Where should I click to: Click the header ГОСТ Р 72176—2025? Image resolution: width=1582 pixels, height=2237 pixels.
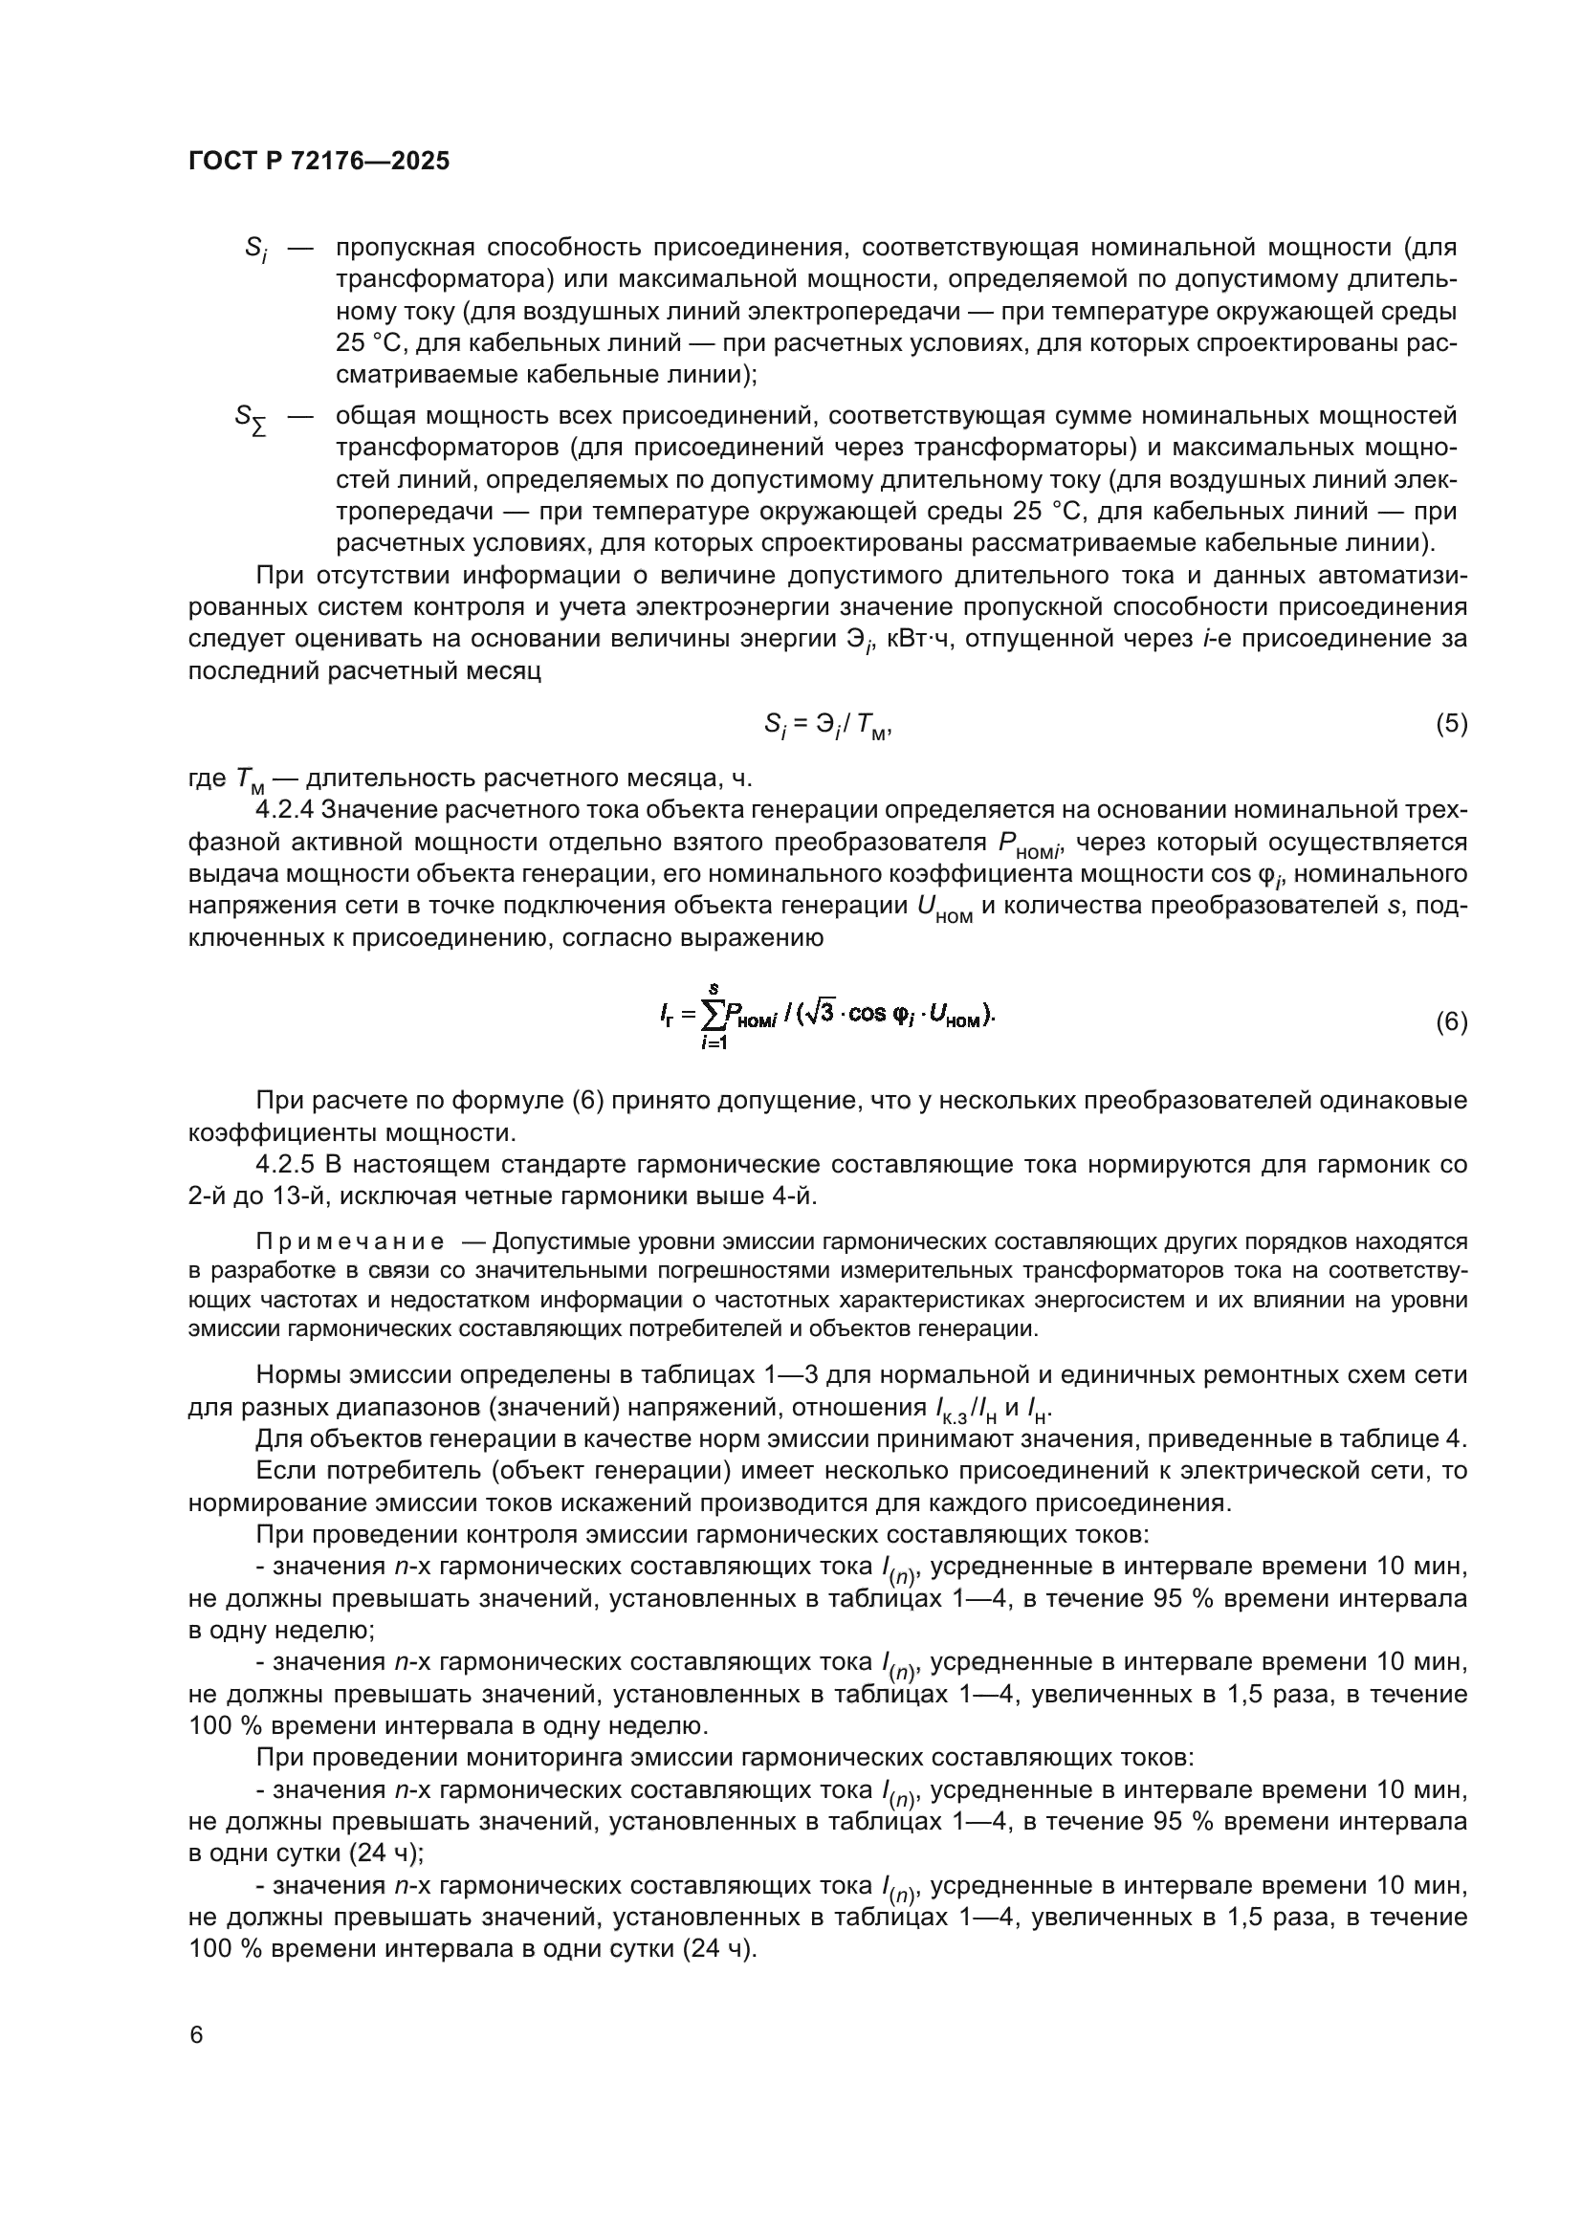(x=319, y=162)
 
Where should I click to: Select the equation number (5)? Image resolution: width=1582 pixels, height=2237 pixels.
(x=1451, y=723)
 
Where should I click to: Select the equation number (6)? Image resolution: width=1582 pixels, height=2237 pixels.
(x=1451, y=1022)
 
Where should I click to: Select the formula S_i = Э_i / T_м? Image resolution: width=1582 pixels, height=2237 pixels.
(x=827, y=725)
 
